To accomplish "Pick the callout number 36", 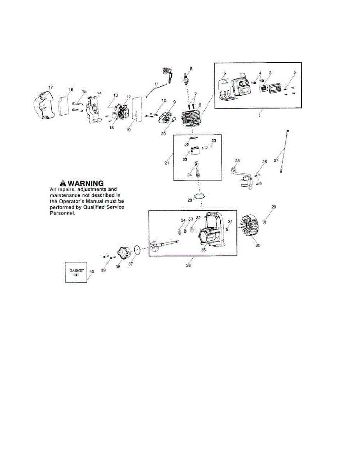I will pyautogui.click(x=189, y=265).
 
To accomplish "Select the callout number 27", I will pyautogui.click(x=276, y=160).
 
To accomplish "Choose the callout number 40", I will pyautogui.click(x=92, y=272).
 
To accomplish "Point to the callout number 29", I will pyautogui.click(x=274, y=207).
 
